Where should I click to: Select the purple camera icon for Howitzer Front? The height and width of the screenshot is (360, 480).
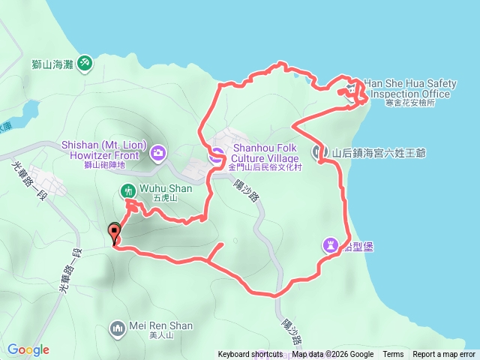[157, 154]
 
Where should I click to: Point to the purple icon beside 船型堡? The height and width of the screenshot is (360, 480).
[331, 244]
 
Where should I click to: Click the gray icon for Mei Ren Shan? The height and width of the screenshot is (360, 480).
[117, 327]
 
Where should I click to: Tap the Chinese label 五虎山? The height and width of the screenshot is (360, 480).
[163, 199]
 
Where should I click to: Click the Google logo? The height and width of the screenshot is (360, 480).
[28, 349]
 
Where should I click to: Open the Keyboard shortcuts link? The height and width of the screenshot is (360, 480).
[250, 355]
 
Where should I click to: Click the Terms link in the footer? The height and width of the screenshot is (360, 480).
[393, 355]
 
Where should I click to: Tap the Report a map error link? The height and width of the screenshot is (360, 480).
[444, 355]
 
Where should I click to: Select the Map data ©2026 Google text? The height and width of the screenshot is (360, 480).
[332, 355]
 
